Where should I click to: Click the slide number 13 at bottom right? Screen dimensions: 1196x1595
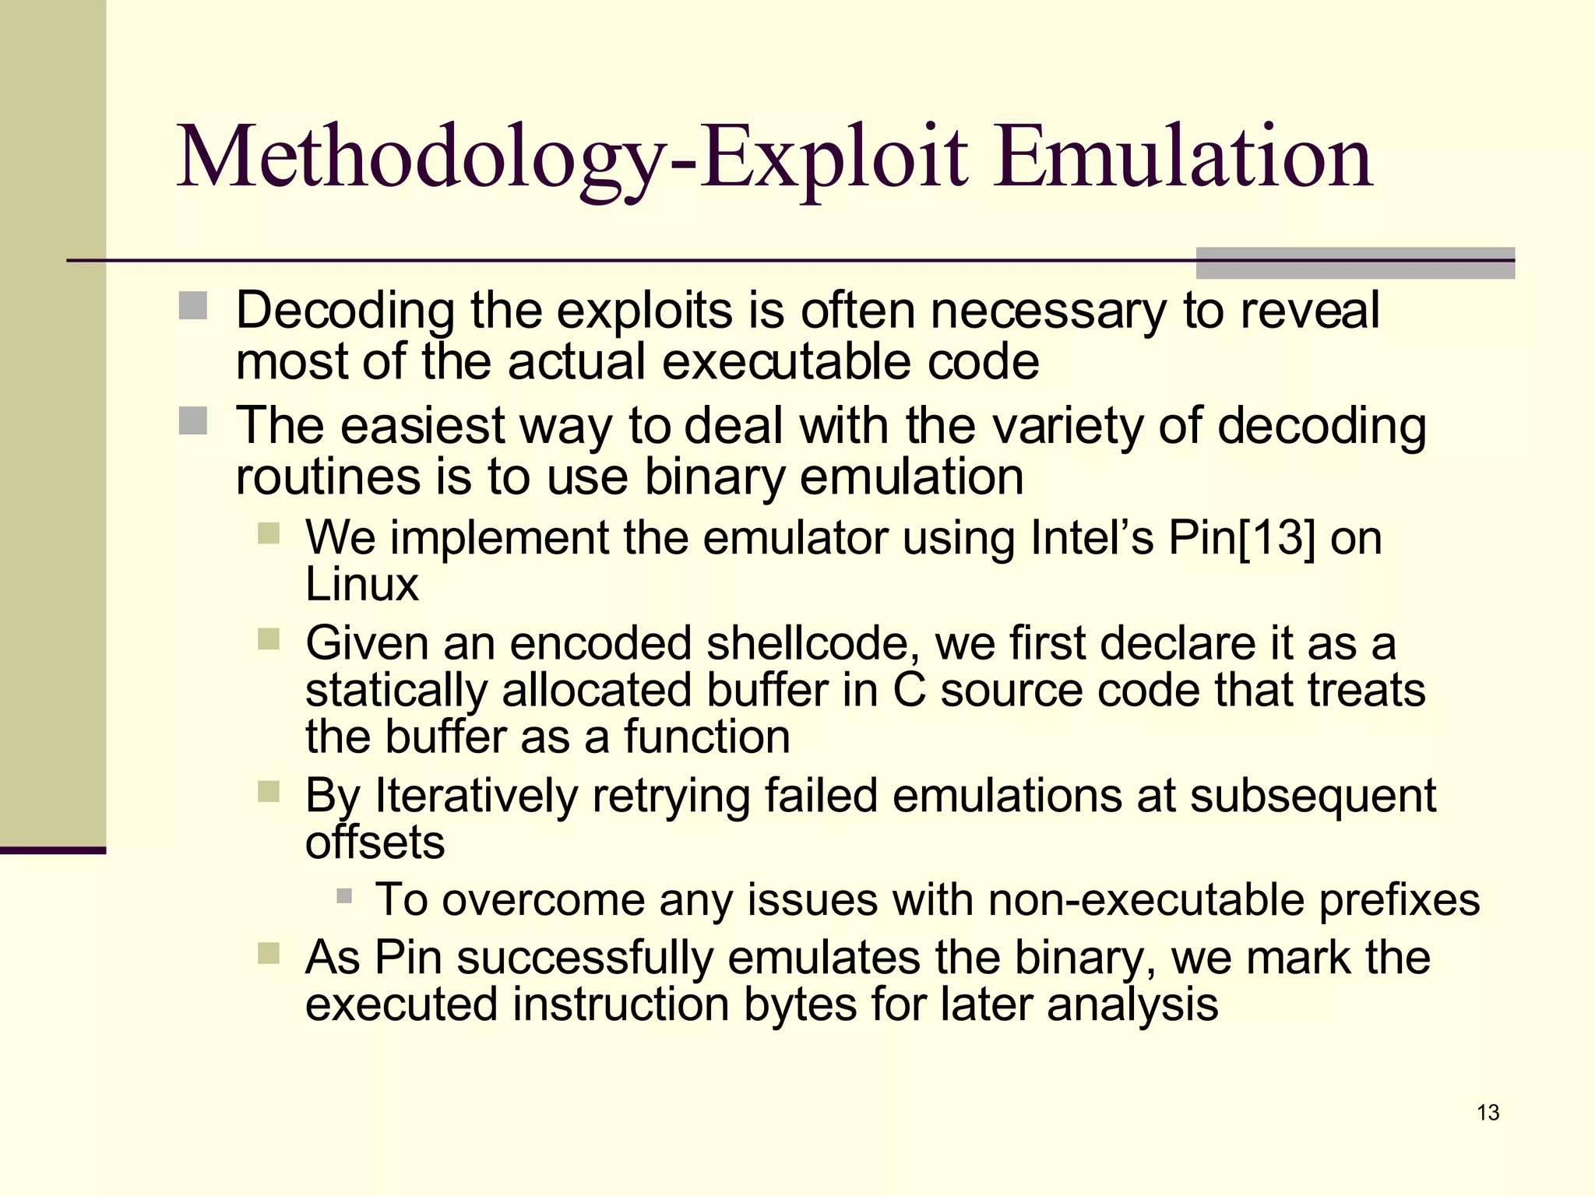(x=1488, y=1113)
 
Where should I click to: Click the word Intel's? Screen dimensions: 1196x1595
(x=1091, y=537)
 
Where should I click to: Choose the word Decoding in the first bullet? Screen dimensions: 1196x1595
(x=345, y=310)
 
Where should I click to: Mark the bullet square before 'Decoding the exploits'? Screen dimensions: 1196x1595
(x=192, y=306)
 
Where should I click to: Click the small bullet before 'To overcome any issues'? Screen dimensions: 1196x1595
(x=344, y=896)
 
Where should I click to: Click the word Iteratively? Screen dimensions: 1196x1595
(x=477, y=796)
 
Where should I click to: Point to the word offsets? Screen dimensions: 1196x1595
(x=375, y=842)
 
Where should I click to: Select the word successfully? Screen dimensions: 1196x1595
(x=585, y=958)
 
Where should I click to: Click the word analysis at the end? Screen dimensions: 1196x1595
(x=1132, y=1004)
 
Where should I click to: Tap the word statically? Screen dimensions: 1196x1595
(x=396, y=690)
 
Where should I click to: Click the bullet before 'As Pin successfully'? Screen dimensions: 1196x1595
(x=269, y=953)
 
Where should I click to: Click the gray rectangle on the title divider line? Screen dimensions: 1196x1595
(x=1355, y=263)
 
